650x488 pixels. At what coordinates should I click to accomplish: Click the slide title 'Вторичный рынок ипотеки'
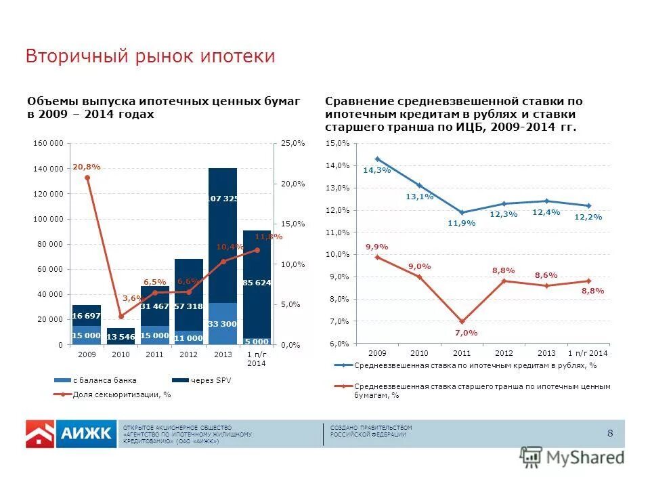coord(150,56)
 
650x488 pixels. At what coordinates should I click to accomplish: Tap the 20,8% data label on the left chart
coord(87,166)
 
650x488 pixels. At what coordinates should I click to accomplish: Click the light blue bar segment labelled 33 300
coord(223,323)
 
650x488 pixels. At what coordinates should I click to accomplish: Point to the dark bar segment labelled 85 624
coord(257,283)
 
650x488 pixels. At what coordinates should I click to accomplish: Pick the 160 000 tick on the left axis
coord(47,144)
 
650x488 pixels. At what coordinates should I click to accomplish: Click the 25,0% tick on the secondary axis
coord(293,144)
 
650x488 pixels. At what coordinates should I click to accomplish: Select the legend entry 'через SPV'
coord(210,380)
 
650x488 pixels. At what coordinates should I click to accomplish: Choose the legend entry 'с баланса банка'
coord(104,380)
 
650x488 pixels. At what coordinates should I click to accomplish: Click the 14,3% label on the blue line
coord(376,171)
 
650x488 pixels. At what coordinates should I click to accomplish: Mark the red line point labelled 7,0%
coord(462,322)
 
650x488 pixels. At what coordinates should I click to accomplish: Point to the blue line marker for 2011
coord(462,213)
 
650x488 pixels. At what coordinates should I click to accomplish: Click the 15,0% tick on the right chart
coord(337,144)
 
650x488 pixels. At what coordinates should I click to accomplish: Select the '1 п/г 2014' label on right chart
coord(587,353)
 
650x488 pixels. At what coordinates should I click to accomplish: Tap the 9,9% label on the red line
coord(376,247)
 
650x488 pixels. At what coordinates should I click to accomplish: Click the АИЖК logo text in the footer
coord(87,434)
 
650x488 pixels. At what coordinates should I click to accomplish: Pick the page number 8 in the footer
coord(610,434)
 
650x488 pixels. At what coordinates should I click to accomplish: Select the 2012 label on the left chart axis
coord(189,354)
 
